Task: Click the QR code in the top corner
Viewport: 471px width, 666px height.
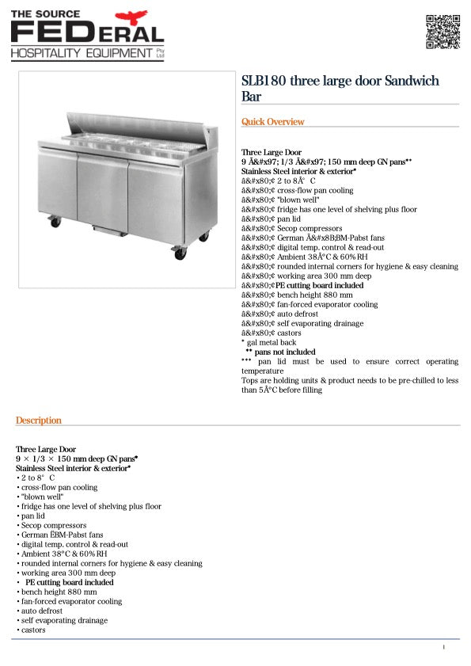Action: (443, 32)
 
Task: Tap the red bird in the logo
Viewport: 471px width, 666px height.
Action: (131, 17)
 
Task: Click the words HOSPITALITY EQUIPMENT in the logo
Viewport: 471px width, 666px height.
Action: (82, 53)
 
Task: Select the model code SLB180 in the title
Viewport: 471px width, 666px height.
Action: (264, 82)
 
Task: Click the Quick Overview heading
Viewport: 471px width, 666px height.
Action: (272, 122)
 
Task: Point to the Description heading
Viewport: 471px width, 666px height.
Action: (38, 421)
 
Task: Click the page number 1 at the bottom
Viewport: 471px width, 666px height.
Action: (444, 647)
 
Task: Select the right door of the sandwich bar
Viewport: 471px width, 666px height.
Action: (155, 200)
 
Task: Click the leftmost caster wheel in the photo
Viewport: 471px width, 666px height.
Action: (55, 223)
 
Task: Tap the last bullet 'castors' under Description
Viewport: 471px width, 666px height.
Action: (33, 630)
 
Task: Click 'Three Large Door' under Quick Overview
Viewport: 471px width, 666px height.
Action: (271, 152)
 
